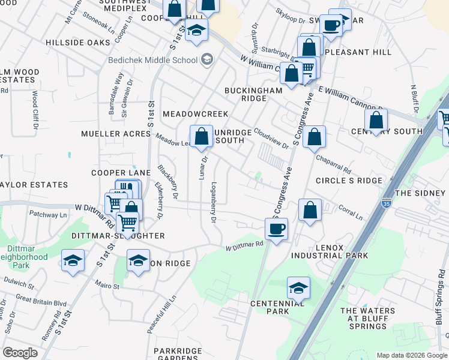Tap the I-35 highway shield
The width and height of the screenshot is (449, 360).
click(387, 202)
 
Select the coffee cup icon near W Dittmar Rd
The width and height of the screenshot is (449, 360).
click(276, 229)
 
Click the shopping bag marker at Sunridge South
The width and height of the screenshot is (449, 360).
click(202, 136)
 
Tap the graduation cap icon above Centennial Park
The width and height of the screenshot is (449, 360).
click(298, 288)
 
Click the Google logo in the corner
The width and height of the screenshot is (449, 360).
click(20, 352)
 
